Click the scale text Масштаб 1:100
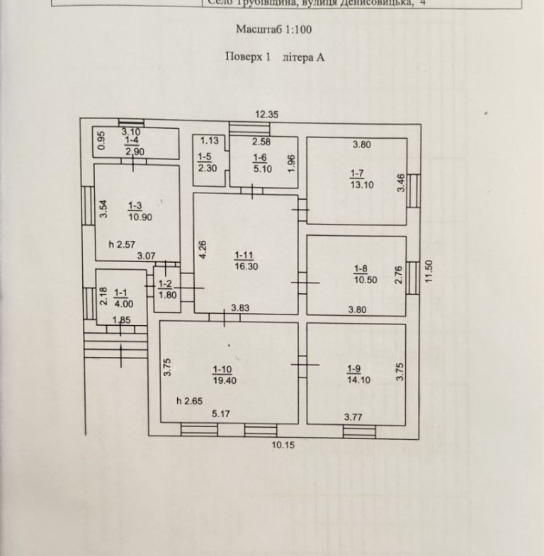(x=273, y=30)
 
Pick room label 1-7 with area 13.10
(x=361, y=179)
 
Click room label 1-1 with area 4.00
(x=120, y=295)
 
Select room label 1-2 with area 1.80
(x=166, y=291)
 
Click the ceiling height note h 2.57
(x=122, y=244)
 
